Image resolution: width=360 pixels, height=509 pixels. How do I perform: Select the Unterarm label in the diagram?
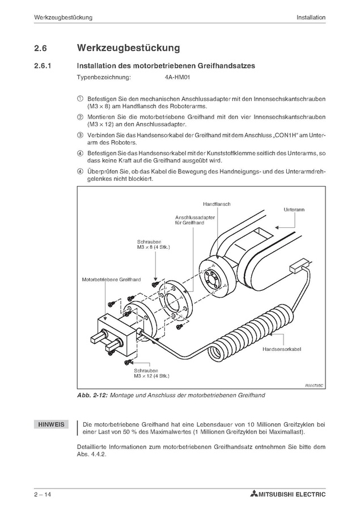310,209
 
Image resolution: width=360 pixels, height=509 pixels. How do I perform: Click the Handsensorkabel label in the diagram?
281,349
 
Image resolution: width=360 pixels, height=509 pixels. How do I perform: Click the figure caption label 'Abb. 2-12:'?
92,395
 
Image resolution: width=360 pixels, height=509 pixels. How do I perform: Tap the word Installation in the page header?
311,18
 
